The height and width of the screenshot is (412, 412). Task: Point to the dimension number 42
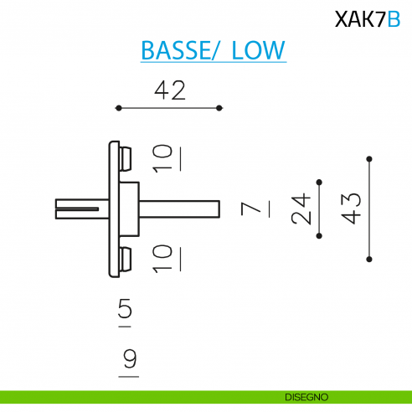170,90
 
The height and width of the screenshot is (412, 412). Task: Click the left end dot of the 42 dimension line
118,108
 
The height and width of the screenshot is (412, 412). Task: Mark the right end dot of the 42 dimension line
219,108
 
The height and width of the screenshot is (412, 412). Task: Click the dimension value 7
248,209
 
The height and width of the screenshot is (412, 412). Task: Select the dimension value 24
301,209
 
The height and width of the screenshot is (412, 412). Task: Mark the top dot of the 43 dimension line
369,157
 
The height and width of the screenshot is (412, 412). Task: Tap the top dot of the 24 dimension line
318,181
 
